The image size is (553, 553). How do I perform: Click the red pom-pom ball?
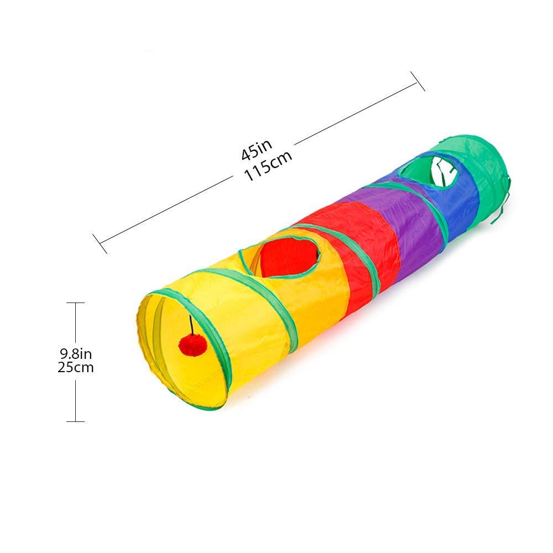(x=192, y=346)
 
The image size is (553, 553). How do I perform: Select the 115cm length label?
(x=268, y=166)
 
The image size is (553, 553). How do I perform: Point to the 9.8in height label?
(x=76, y=353)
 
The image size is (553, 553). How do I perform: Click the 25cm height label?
(x=75, y=368)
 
